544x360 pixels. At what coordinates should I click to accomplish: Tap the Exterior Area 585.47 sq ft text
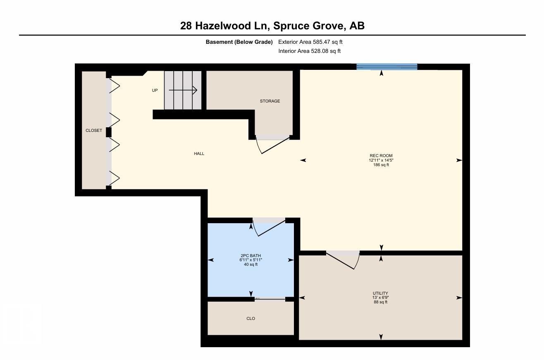310,42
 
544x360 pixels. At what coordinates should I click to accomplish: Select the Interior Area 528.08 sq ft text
309,51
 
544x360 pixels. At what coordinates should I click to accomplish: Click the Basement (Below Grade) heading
239,42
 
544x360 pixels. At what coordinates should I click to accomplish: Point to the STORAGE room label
270,101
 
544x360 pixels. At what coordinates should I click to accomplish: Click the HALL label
199,153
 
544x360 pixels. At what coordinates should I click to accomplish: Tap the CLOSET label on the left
93,130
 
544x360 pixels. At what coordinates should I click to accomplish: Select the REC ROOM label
381,156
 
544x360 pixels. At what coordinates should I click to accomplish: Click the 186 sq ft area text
381,165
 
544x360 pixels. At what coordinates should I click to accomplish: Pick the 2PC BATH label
251,255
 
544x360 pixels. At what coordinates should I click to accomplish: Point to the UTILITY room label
380,293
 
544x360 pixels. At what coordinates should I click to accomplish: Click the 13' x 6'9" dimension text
380,298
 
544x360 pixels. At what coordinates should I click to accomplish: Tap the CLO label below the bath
251,318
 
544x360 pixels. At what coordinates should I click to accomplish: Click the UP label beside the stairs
155,90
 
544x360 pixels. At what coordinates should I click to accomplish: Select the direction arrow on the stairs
183,90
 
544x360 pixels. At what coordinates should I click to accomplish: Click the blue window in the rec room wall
387,67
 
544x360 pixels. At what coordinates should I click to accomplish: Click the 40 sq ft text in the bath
251,265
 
